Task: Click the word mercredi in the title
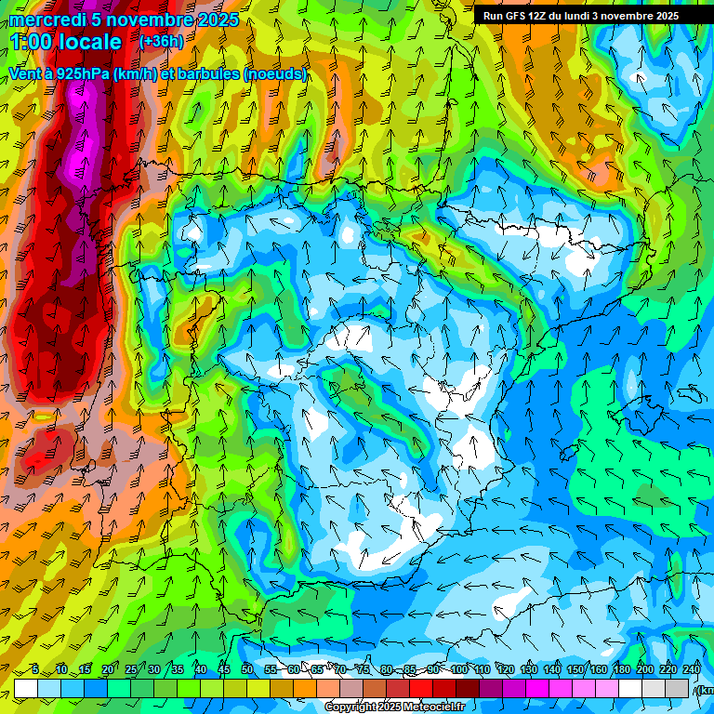[x=47, y=20]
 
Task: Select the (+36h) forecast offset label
[x=161, y=41]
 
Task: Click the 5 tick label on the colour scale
[x=35, y=670]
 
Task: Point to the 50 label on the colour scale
[x=246, y=670]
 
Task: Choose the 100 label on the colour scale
[x=459, y=670]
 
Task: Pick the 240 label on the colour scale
[x=691, y=670]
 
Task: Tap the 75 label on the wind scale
[x=363, y=670]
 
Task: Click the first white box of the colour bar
[x=26, y=688]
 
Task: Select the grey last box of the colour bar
[x=677, y=688]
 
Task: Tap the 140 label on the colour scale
[x=552, y=670]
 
